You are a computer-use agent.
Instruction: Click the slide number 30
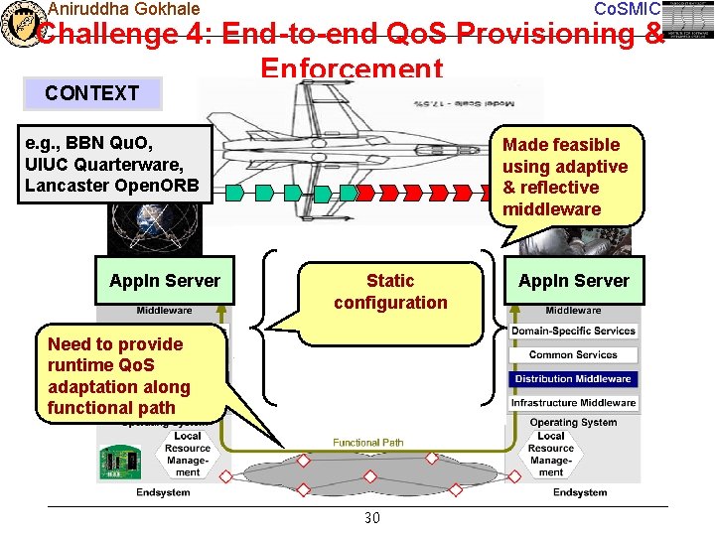click(x=372, y=518)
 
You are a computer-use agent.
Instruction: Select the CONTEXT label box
click(x=92, y=93)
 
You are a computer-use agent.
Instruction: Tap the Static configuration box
click(x=390, y=292)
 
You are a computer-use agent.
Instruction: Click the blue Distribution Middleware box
click(x=572, y=379)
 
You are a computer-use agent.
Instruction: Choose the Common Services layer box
click(x=572, y=355)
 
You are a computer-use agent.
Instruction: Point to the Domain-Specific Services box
click(x=572, y=332)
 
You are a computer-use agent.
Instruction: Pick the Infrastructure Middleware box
click(x=572, y=403)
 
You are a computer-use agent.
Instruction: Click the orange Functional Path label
click(x=367, y=443)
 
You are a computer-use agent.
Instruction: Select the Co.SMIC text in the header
click(x=626, y=9)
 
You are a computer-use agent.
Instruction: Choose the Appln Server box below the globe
click(x=165, y=281)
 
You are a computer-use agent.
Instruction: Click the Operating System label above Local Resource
click(x=573, y=423)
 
